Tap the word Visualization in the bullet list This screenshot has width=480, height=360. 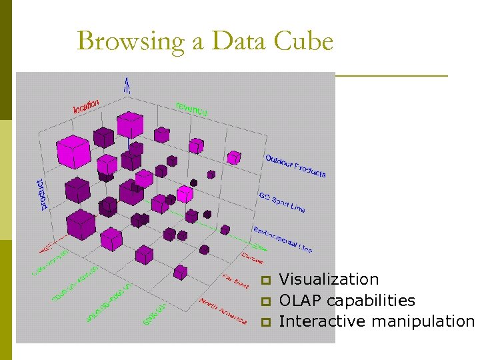click(x=329, y=279)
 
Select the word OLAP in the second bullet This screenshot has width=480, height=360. click(x=300, y=301)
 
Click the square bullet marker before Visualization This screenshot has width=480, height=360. click(x=265, y=280)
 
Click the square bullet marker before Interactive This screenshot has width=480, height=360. click(x=265, y=323)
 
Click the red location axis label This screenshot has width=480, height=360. click(x=86, y=105)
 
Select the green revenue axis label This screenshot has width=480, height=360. click(x=191, y=109)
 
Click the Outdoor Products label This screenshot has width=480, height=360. click(x=295, y=166)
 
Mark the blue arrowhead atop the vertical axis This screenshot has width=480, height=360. click(x=127, y=84)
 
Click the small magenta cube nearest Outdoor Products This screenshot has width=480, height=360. click(x=233, y=157)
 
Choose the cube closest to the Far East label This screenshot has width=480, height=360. click(x=180, y=272)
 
